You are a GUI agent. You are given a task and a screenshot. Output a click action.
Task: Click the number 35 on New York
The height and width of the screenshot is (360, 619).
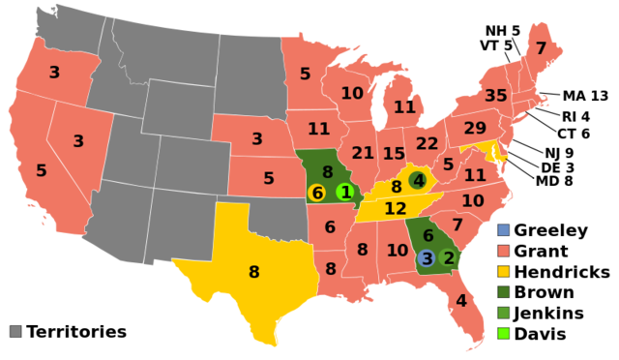pyautogui.click(x=496, y=96)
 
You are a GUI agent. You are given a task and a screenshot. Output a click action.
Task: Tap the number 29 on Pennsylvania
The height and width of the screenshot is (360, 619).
pyautogui.click(x=475, y=129)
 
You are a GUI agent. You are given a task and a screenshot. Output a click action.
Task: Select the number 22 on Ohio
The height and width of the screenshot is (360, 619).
pyautogui.click(x=427, y=143)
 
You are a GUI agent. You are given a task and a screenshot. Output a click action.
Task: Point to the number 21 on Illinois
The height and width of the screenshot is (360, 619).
pyautogui.click(x=363, y=153)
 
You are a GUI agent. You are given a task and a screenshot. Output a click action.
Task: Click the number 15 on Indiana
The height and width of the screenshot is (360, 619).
pyautogui.click(x=394, y=154)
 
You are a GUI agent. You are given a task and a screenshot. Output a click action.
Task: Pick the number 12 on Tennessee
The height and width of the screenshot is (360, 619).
pyautogui.click(x=396, y=209)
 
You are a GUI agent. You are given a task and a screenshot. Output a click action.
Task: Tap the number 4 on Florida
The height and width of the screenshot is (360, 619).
pyautogui.click(x=460, y=301)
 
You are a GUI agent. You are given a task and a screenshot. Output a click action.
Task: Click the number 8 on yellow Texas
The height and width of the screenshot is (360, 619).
pyautogui.click(x=253, y=273)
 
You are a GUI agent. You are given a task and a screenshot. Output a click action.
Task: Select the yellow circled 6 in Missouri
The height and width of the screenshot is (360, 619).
pyautogui.click(x=316, y=193)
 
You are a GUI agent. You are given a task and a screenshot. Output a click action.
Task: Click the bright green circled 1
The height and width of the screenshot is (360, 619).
pyautogui.click(x=345, y=192)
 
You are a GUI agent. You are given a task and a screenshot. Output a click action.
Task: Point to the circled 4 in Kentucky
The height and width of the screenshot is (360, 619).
pyautogui.click(x=418, y=180)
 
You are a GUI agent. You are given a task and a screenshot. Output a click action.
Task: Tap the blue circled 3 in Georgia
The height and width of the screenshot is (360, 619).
pyautogui.click(x=427, y=258)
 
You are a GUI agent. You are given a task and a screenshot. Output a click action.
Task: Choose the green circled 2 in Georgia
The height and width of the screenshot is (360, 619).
pyautogui.click(x=448, y=258)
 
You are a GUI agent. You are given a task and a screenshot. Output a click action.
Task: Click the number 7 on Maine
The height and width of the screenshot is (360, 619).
pyautogui.click(x=541, y=48)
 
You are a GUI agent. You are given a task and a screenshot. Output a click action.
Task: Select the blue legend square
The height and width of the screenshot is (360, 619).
pyautogui.click(x=503, y=230)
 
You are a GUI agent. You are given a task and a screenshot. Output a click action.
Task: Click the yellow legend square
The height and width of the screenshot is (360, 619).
pyautogui.click(x=503, y=271)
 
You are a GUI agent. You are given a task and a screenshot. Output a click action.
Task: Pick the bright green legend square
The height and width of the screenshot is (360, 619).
pyautogui.click(x=503, y=333)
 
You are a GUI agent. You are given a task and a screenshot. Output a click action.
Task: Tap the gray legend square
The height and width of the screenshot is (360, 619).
pyautogui.click(x=15, y=331)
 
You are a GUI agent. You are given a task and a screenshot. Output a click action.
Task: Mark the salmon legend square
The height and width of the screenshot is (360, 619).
pyautogui.click(x=503, y=251)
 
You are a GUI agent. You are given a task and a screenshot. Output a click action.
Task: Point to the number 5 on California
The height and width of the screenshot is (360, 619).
pyautogui.click(x=42, y=171)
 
